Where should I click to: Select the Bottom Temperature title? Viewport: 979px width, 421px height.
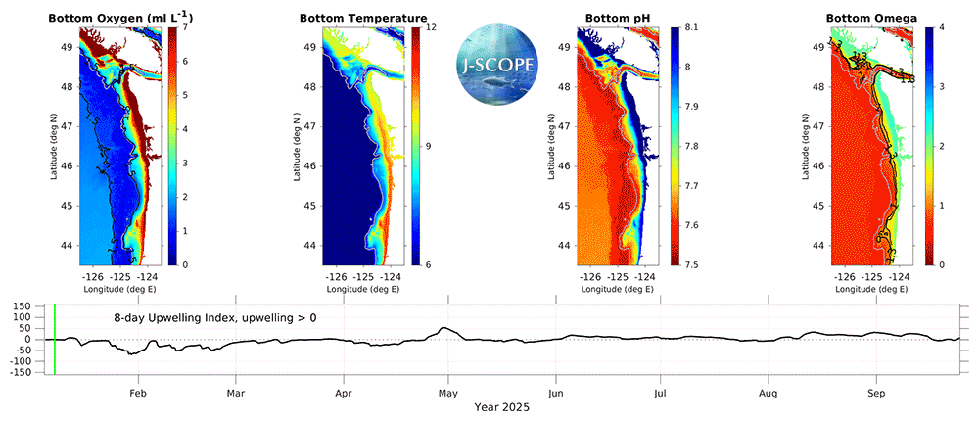(362, 18)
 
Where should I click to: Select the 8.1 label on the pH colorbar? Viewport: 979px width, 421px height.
(691, 27)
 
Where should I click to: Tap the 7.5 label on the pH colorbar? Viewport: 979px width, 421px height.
(691, 264)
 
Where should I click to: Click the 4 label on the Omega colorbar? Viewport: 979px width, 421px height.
(938, 27)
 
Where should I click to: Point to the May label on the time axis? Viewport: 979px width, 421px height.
(447, 393)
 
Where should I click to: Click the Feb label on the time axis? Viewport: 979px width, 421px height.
(138, 393)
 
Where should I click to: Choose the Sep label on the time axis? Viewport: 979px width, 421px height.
(877, 393)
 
